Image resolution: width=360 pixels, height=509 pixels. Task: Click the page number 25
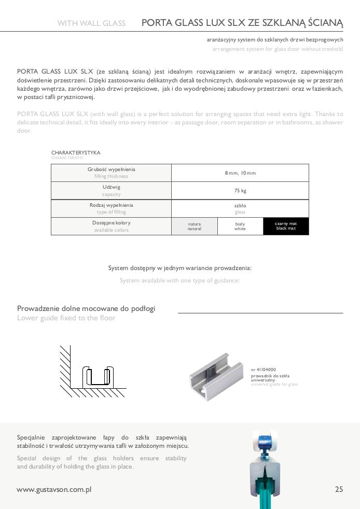point(339,489)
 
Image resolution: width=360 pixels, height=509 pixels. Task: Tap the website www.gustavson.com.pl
point(54,489)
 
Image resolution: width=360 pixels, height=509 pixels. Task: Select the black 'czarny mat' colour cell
point(286,226)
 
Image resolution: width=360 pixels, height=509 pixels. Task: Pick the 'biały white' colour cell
point(240,226)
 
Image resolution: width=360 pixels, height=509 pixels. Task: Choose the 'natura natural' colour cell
point(195,226)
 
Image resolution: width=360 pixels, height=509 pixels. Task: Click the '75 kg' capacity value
point(240,191)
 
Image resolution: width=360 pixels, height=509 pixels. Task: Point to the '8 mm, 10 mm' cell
point(240,173)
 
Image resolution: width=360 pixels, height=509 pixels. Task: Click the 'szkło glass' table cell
point(240,208)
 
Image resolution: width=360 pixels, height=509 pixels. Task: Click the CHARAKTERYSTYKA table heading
point(76,153)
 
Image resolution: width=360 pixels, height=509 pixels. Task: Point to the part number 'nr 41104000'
point(263,370)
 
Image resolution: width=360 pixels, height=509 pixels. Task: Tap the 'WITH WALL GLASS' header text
point(91,23)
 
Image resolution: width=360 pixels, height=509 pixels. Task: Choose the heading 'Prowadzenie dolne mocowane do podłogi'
point(86,308)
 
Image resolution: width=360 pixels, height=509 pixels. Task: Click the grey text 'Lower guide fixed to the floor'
point(66,318)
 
